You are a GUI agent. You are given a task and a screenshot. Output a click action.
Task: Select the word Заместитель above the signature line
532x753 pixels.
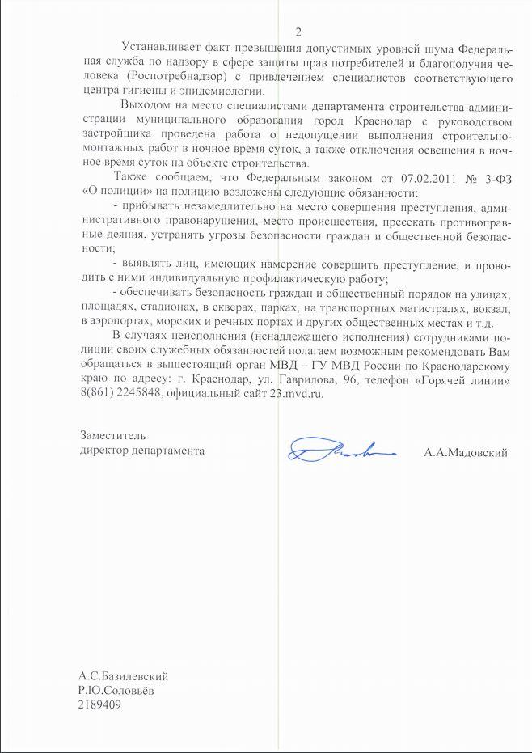tap(112, 437)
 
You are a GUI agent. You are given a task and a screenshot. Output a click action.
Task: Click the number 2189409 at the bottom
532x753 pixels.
tap(101, 705)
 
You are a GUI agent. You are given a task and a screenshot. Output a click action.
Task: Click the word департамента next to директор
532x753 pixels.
tap(167, 451)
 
